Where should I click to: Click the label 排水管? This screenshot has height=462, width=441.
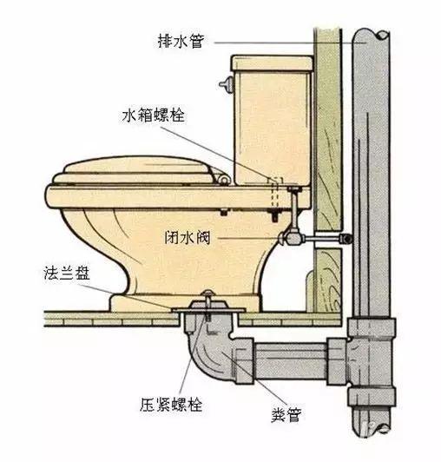coord(181,42)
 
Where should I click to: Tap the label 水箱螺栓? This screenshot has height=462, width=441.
coord(153,115)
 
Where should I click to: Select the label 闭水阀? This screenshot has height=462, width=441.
coord(188,237)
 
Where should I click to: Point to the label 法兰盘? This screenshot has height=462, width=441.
coord(67,274)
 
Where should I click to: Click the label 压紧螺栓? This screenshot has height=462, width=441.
coord(171,405)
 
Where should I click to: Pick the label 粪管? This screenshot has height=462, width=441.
coord(286,414)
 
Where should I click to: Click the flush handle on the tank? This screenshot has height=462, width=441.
coord(227,83)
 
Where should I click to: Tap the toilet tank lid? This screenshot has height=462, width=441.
coord(272,63)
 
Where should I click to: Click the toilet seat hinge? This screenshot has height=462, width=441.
coord(224,180)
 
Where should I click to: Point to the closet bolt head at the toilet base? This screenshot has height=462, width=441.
coord(208,293)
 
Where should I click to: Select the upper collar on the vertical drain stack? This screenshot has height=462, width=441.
coord(372,327)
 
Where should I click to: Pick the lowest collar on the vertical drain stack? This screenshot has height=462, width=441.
coord(372,397)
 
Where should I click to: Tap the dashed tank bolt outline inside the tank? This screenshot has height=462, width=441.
coord(276,192)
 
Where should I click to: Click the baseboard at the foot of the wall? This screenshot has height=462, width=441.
coord(309,291)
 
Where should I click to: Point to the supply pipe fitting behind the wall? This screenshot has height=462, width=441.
coord(346,238)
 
